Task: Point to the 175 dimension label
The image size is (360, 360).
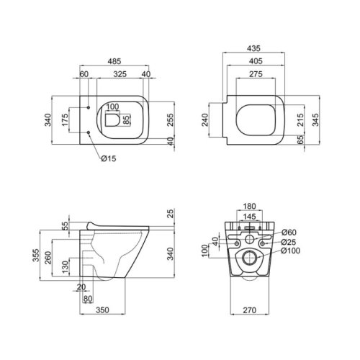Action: pyautogui.click(x=66, y=120)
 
